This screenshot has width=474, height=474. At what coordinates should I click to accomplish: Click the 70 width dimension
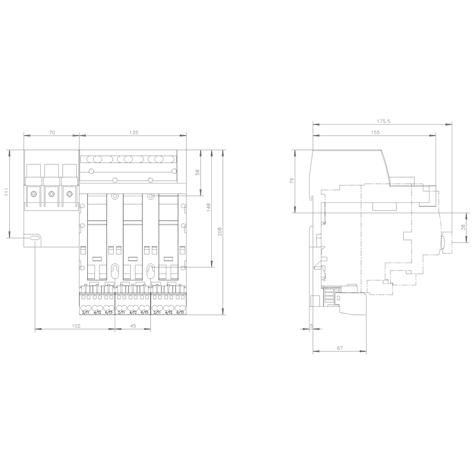pyautogui.click(x=52, y=133)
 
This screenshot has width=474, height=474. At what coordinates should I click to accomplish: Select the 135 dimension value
pyautogui.click(x=134, y=133)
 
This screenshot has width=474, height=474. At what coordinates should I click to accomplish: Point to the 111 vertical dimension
pyautogui.click(x=6, y=191)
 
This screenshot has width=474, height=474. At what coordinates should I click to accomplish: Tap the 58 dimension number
pyautogui.click(x=198, y=173)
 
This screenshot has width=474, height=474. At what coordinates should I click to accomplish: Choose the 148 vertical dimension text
pyautogui.click(x=208, y=208)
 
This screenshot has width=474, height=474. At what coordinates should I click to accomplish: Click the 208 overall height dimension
pyautogui.click(x=219, y=231)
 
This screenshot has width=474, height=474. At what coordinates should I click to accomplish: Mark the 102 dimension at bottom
pyautogui.click(x=76, y=326)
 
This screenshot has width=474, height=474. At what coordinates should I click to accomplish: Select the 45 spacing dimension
pyautogui.click(x=133, y=326)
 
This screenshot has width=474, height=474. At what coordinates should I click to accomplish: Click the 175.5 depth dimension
pyautogui.click(x=383, y=121)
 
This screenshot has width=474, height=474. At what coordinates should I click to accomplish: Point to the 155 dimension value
pyautogui.click(x=375, y=133)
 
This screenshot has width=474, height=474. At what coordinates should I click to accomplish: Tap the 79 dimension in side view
pyautogui.click(x=292, y=181)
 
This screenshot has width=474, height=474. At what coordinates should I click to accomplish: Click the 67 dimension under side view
pyautogui.click(x=340, y=348)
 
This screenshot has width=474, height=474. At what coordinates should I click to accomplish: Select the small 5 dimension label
pyautogui.click(x=311, y=326)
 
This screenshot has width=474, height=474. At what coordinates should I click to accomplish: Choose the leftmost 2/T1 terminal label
pyautogui.click(x=86, y=312)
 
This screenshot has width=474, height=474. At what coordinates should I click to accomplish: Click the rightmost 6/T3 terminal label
pyautogui.click(x=180, y=312)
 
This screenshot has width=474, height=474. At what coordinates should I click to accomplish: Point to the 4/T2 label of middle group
pyautogui.click(x=133, y=312)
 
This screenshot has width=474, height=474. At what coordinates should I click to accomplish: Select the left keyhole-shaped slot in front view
pyautogui.click(x=115, y=272)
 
